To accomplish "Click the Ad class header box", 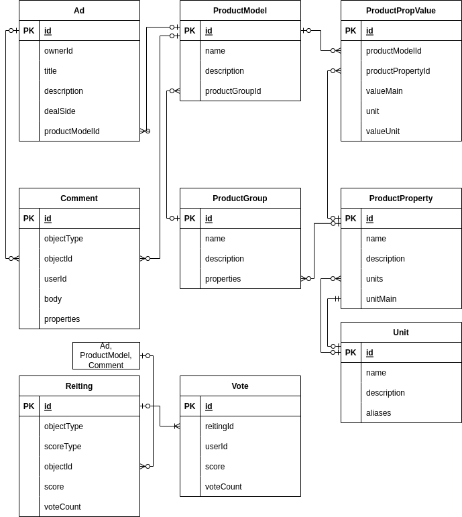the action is click(79, 11).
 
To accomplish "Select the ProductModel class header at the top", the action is click(240, 11).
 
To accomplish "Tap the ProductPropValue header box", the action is click(401, 11).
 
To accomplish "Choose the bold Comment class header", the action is click(79, 198).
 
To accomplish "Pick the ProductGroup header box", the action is click(240, 198).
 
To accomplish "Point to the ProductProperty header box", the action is click(401, 198).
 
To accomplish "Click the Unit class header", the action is click(401, 333).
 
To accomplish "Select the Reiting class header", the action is click(79, 386).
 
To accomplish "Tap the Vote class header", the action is click(240, 386).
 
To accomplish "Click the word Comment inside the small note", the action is click(106, 365).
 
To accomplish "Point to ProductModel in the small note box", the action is click(106, 355).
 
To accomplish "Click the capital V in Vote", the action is click(234, 386).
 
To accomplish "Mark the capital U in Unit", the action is click(396, 333).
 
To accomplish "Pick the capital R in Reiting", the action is click(68, 386).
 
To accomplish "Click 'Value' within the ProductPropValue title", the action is click(425, 11).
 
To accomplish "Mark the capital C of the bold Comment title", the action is click(64, 198).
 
